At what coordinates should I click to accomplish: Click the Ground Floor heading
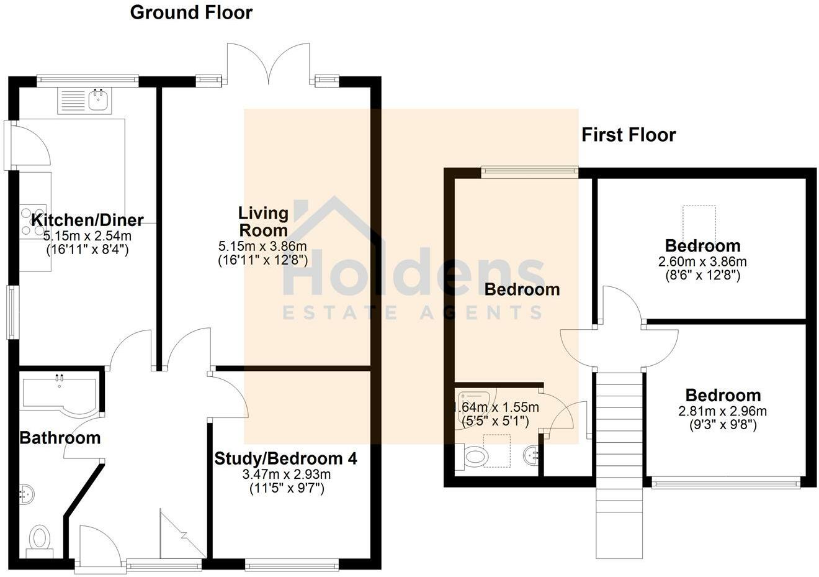click(x=191, y=12)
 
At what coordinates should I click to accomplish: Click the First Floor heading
click(x=628, y=135)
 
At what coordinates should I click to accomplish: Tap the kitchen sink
click(x=99, y=100)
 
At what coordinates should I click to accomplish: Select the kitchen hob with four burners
click(x=33, y=222)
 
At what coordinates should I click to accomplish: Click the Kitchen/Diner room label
click(x=87, y=220)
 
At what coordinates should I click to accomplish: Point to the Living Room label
click(x=263, y=221)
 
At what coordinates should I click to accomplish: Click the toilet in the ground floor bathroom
click(x=40, y=538)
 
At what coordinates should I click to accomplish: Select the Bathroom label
click(x=60, y=438)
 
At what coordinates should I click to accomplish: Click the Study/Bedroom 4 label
click(x=285, y=459)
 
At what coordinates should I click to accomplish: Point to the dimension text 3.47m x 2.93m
click(x=286, y=475)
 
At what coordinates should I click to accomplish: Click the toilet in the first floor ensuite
click(x=475, y=458)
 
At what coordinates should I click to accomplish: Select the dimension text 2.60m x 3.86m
click(x=702, y=261)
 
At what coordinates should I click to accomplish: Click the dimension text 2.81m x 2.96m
click(x=722, y=411)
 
